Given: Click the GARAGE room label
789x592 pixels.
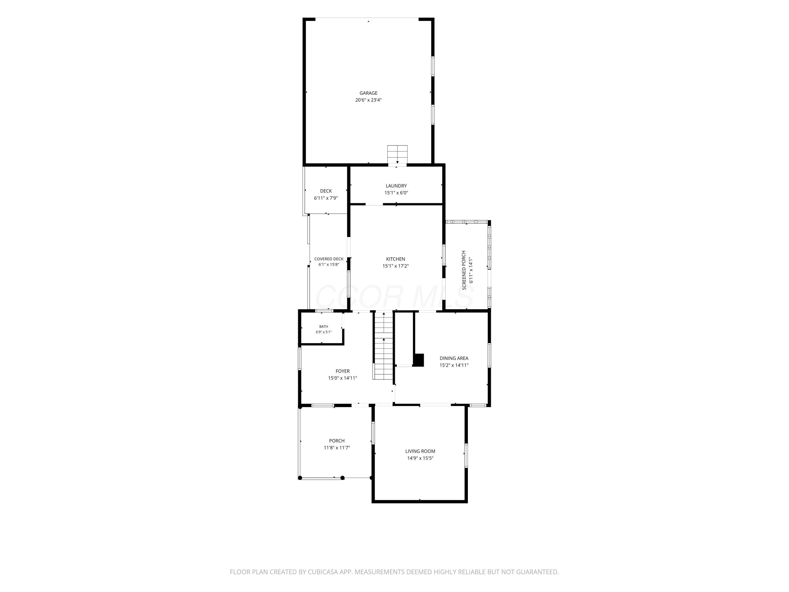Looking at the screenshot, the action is (368, 93).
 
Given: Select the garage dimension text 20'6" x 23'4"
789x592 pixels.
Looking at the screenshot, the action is (368, 100).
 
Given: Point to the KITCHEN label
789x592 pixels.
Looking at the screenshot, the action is (396, 259).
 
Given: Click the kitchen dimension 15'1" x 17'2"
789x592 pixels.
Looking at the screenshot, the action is (396, 266).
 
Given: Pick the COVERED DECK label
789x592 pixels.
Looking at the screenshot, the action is (329, 259).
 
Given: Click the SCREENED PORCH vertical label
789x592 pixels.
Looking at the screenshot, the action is (464, 270).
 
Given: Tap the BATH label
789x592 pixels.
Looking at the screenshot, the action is (323, 327).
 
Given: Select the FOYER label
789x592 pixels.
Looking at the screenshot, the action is (342, 371).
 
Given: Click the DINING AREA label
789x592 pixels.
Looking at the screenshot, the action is (454, 358).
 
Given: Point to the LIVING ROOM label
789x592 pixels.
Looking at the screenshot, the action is (420, 451).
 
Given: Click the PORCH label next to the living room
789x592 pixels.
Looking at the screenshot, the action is (337, 441).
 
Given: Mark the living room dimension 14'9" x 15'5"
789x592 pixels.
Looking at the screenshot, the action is (420, 458).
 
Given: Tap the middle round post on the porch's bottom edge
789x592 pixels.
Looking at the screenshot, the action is (342, 478).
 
